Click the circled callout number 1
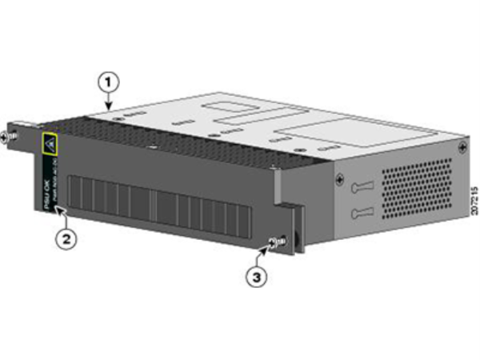(x=107, y=81)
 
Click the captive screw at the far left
(x=8, y=137)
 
